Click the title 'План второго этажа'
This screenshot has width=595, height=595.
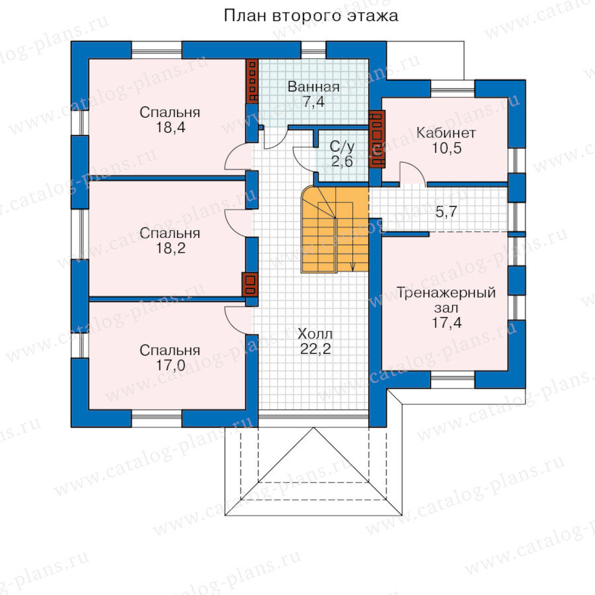tap(311, 17)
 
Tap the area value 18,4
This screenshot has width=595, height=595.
tap(171, 128)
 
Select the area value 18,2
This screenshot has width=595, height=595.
tap(171, 248)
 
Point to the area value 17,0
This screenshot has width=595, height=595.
tap(171, 366)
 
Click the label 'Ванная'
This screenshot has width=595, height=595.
tap(313, 87)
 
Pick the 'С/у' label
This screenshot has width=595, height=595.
tap(342, 146)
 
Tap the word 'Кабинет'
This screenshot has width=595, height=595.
tap(446, 133)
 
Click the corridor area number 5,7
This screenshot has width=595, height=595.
tap(446, 212)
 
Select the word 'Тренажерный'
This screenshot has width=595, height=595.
tap(446, 293)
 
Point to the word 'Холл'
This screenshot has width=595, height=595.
tap(315, 334)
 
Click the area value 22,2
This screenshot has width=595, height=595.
tap(315, 349)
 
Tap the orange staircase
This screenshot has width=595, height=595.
tap(335, 229)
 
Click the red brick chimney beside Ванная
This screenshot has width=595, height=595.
tap(252, 81)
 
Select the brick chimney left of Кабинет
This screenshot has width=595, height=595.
tap(377, 139)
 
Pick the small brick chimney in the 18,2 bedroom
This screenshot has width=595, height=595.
tap(250, 284)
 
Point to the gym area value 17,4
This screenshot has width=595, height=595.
tap(447, 323)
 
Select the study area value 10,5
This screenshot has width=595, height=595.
tap(447, 148)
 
